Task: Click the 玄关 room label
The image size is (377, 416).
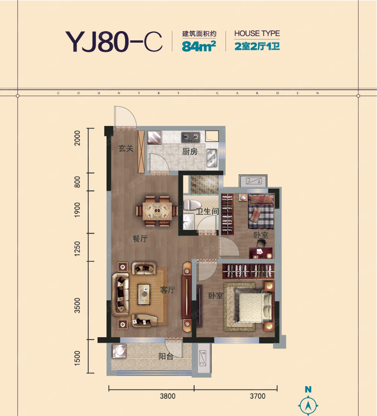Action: point(126,149)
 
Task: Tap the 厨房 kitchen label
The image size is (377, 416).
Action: point(190,152)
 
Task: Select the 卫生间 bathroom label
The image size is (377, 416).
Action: point(207,212)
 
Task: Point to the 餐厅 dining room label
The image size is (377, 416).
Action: point(140,239)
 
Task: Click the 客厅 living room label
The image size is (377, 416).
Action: point(167,290)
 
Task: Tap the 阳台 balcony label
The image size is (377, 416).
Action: point(166,356)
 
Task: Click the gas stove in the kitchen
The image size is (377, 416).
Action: point(191,137)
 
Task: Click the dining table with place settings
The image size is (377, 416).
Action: point(157,211)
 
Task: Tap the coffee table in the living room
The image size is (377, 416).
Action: point(144,294)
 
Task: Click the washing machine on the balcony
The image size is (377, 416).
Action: point(119,351)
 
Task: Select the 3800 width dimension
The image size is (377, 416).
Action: point(167,396)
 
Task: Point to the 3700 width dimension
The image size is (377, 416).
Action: point(257,396)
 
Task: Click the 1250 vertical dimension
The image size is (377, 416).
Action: point(77,249)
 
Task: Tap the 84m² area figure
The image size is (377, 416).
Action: point(199,46)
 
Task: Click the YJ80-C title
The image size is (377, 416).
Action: point(113,41)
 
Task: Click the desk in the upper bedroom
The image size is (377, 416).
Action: point(261,253)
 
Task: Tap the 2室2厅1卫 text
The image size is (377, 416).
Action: point(257,46)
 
